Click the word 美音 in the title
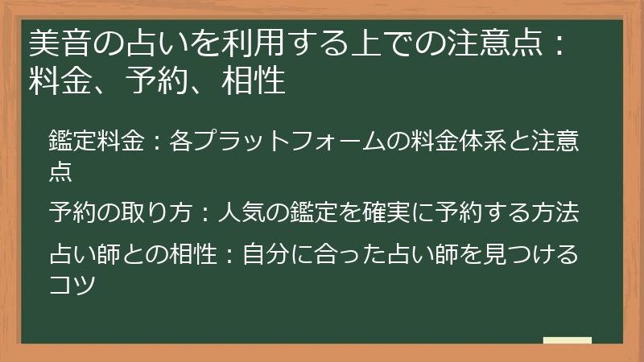click(60, 42)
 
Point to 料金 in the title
click(60, 80)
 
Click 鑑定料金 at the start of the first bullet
click(96, 142)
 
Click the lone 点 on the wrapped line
click(60, 170)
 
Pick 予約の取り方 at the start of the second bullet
click(120, 213)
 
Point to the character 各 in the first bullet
click(182, 142)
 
